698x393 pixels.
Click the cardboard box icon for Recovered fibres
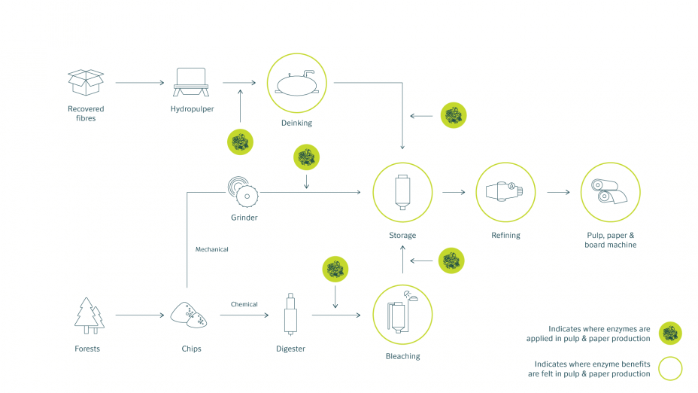pos(86,82)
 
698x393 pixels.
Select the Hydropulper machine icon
pos(191,82)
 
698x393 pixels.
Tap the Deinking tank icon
pos(297,83)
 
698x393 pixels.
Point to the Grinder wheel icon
pos(243,192)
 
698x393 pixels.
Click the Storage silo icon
pos(402,192)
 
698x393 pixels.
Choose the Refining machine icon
pos(505,191)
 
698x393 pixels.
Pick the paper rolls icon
pos(609,191)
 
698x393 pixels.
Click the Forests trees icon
pos(89,315)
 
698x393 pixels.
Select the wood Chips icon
pos(189,315)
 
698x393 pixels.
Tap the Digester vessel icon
pos(290,315)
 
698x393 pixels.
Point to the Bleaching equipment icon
pos(402,312)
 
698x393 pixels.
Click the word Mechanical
pos(212,249)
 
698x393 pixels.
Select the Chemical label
pos(244,304)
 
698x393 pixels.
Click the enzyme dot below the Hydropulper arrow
pos(241,142)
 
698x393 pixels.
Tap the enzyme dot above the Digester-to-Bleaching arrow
pos(335,269)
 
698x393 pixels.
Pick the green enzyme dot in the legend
pos(670,334)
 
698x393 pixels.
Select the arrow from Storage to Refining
pos(454,192)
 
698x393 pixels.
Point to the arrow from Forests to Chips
pos(140,315)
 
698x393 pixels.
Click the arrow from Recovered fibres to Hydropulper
pos(140,82)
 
